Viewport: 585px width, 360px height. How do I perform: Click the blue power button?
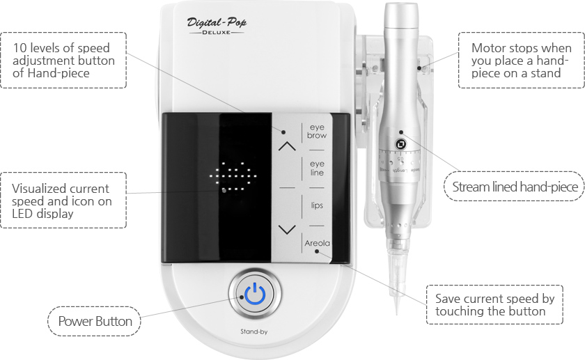255,295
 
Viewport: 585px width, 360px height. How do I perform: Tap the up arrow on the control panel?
287,146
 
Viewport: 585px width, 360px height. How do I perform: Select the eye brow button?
317,132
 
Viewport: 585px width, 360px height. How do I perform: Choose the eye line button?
317,169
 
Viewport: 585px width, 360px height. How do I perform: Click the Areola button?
317,244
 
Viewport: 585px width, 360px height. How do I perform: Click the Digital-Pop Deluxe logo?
217,26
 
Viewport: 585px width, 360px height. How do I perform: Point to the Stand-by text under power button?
255,332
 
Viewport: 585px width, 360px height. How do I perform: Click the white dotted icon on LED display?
234,178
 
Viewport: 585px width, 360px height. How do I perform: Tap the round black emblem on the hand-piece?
401,144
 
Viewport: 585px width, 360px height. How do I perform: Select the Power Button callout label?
94,321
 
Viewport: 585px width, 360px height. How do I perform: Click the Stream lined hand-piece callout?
515,187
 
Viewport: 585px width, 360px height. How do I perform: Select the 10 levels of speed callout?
63,61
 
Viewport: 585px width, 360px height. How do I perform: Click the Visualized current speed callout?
63,201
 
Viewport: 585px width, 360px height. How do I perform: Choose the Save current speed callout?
494,304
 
